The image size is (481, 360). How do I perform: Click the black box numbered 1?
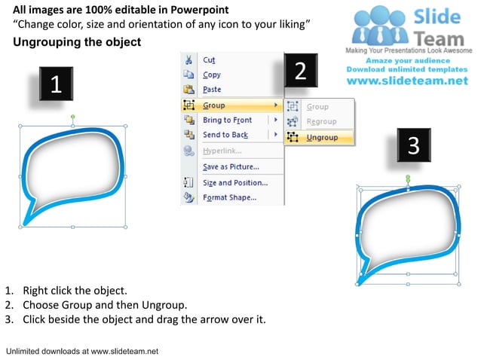pyautogui.click(x=56, y=84)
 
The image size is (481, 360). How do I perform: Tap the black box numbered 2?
pyautogui.click(x=300, y=71)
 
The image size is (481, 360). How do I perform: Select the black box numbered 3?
pyautogui.click(x=413, y=145)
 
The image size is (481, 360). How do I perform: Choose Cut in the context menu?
pyautogui.click(x=209, y=59)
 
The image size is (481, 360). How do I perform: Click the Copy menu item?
pyautogui.click(x=212, y=75)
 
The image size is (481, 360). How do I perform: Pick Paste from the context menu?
pyautogui.click(x=212, y=90)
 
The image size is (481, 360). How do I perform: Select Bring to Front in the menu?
pyautogui.click(x=227, y=121)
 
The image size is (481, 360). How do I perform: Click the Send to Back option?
pyautogui.click(x=225, y=135)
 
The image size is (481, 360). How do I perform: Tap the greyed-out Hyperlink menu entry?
pyautogui.click(x=223, y=151)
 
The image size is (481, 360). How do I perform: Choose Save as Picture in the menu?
pyautogui.click(x=231, y=166)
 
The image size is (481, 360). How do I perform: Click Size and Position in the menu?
pyautogui.click(x=234, y=183)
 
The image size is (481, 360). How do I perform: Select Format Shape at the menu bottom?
pyautogui.click(x=229, y=198)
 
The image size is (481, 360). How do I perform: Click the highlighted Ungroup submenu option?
pyautogui.click(x=322, y=137)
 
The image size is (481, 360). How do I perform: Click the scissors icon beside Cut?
pyautogui.click(x=188, y=59)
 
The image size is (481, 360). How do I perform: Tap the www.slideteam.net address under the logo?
pyautogui.click(x=407, y=81)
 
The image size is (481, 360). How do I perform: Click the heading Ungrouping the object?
pyautogui.click(x=77, y=42)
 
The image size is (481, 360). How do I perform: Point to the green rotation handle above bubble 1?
pyautogui.click(x=73, y=117)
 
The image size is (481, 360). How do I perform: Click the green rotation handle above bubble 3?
pyautogui.click(x=408, y=178)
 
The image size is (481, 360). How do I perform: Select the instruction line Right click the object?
pyautogui.click(x=75, y=290)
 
